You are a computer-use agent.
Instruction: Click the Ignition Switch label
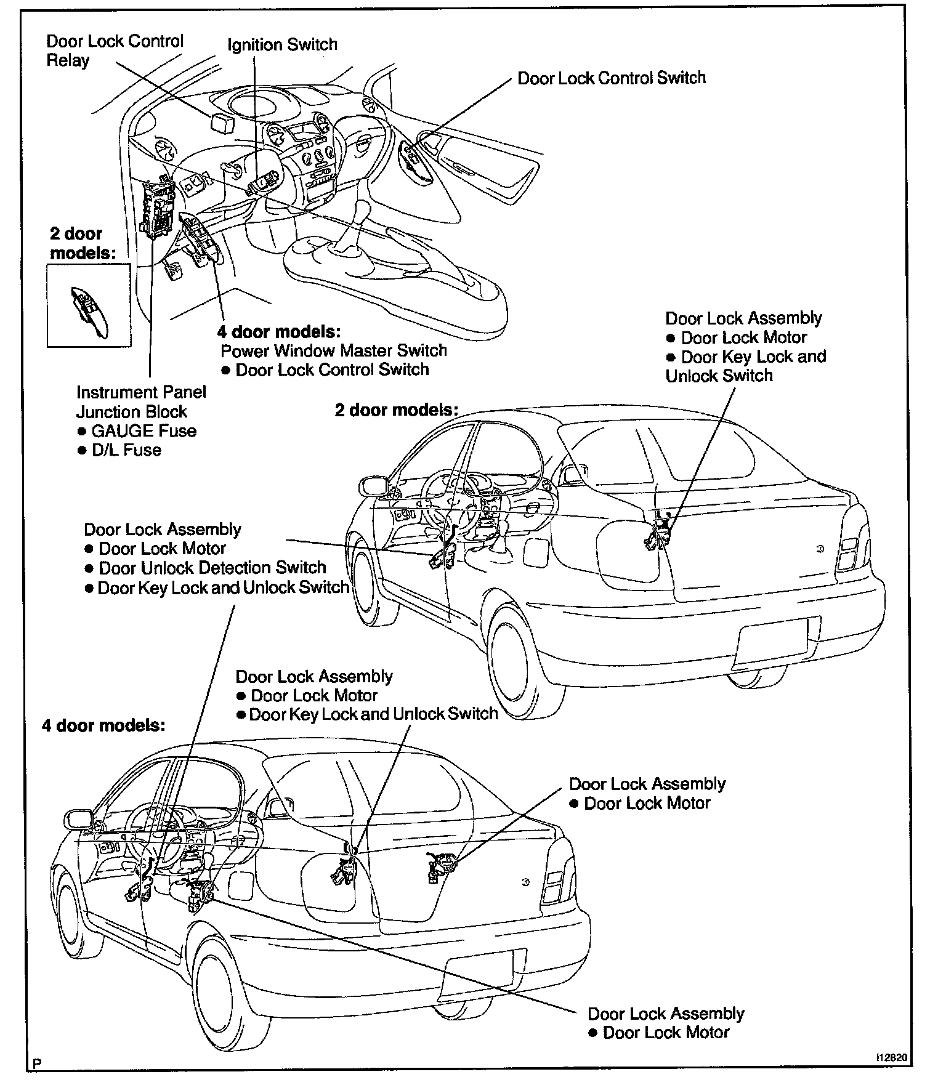282,45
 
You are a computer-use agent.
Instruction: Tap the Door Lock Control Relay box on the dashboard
222,121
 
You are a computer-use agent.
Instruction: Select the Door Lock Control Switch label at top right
611,78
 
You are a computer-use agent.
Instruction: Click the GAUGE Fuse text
144,431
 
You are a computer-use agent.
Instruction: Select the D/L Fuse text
126,450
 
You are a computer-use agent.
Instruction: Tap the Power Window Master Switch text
334,351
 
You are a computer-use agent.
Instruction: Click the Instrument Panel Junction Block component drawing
158,210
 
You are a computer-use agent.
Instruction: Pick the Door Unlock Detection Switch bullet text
212,568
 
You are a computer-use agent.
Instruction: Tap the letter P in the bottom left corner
38,1063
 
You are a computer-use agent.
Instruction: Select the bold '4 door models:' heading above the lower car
103,725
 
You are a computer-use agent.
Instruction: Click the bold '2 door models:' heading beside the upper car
397,409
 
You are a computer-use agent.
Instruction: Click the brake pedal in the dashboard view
171,269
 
